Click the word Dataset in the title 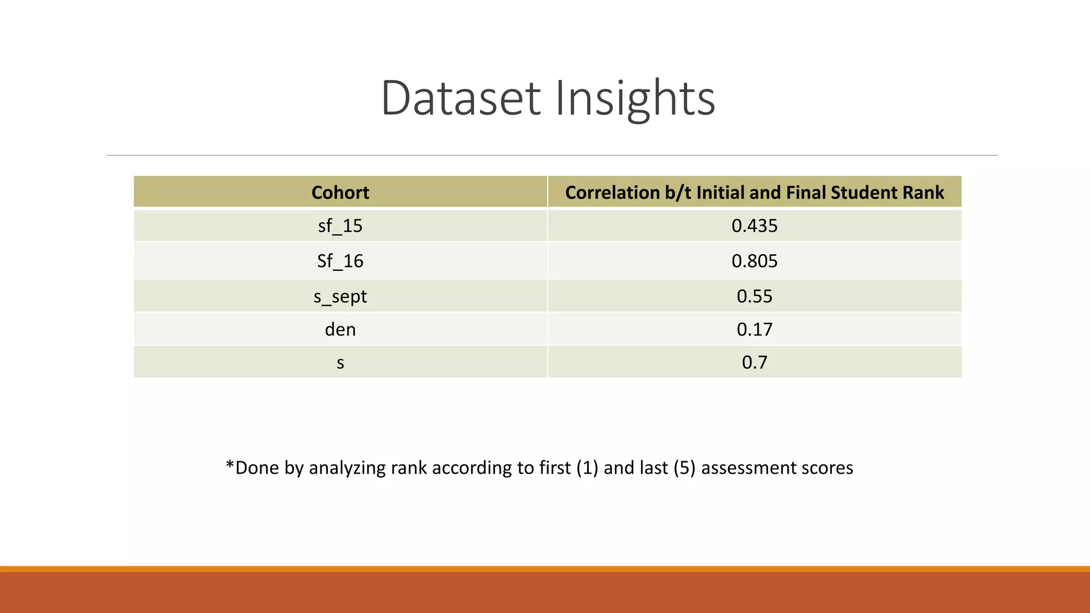[461, 98]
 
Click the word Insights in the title [635, 98]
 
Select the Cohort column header [340, 192]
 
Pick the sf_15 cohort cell [340, 226]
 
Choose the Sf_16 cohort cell [340, 261]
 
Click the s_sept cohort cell [340, 296]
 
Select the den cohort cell [340, 329]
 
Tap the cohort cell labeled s [340, 363]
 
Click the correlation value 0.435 [754, 226]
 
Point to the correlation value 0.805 [754, 261]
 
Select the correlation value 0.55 [754, 296]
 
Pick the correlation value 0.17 [754, 329]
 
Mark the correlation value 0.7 [754, 362]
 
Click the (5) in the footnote [684, 468]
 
